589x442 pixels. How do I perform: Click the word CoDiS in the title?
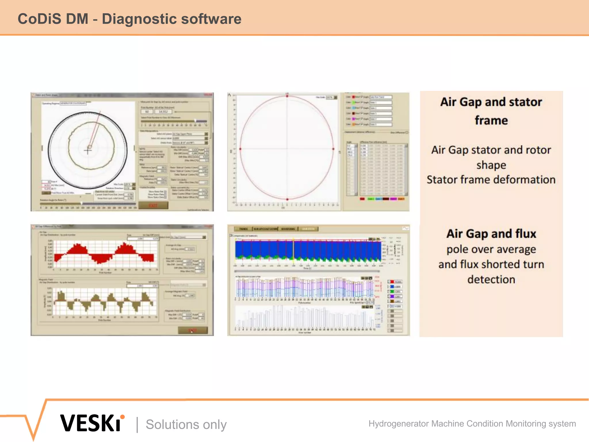(x=39, y=19)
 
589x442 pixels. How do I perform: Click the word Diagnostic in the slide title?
(x=139, y=19)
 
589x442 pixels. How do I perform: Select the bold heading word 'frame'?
(x=491, y=120)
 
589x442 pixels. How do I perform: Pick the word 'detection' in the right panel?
(x=491, y=279)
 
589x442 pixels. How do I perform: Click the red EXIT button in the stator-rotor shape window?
(x=153, y=205)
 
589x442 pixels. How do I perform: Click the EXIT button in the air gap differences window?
(x=192, y=330)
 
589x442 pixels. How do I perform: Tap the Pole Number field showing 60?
(x=147, y=112)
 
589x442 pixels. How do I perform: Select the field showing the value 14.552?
(x=163, y=112)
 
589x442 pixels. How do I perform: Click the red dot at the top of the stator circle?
(x=287, y=96)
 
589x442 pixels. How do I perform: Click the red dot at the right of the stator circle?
(x=333, y=149)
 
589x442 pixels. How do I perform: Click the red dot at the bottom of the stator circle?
(x=287, y=199)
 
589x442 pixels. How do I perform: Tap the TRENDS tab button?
(x=243, y=229)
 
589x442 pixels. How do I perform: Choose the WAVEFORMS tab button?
(x=288, y=229)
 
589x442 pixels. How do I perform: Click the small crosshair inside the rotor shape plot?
(x=88, y=150)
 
